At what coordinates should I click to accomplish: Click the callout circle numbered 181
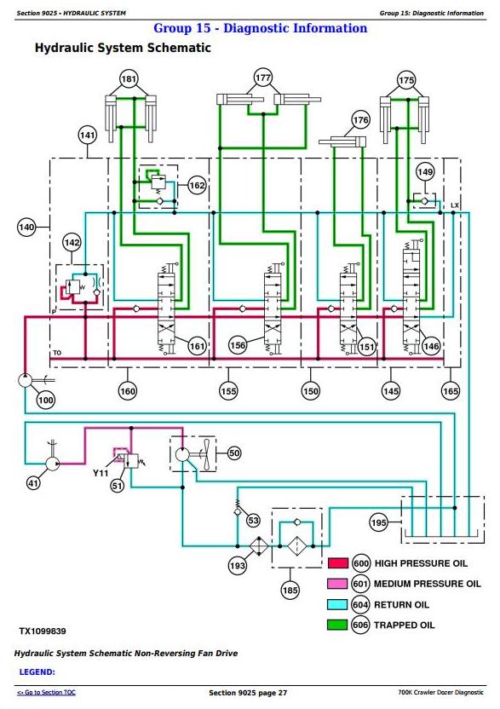pos(129,79)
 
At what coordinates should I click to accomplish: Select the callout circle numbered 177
pos(262,78)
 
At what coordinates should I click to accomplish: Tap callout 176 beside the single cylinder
pos(360,120)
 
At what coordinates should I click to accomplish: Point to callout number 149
pos(425,172)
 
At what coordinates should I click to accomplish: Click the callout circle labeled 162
pos(197,186)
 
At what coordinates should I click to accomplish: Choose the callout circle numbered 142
pos(72,243)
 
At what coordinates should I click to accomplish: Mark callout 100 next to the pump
pos(46,400)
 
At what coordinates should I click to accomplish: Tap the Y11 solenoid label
pos(101,473)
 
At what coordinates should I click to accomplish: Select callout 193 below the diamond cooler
pos(238,565)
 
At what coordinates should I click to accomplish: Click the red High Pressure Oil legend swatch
pos(337,563)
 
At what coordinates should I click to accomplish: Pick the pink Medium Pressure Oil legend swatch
pos(337,583)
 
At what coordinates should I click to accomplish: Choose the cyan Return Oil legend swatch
pos(337,604)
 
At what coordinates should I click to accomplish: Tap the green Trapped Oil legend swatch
pos(337,625)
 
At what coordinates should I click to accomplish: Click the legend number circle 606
pos(360,625)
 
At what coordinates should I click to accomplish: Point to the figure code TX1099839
pos(43,631)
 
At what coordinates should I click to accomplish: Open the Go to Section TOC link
pos(46,692)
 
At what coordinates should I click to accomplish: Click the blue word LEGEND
pos(37,672)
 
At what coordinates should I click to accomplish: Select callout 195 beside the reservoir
pos(379,522)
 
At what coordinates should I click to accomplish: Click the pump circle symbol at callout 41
pos(53,464)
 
